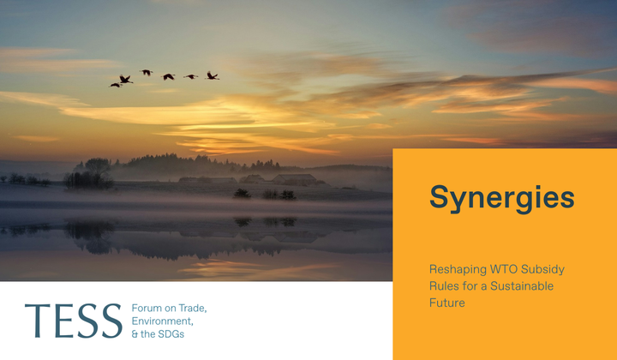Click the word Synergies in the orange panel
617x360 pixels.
point(501,198)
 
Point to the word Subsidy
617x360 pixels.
point(542,270)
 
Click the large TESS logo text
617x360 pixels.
point(73,321)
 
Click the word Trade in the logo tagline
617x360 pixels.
point(193,308)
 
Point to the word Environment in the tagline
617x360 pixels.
point(162,321)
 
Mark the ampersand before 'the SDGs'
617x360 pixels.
point(135,334)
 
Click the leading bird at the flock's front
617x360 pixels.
point(213,75)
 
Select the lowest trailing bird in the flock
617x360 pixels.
point(116,85)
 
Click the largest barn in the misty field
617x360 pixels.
point(295,179)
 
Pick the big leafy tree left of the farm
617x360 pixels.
point(97,167)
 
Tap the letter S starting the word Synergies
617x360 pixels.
point(439,197)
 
